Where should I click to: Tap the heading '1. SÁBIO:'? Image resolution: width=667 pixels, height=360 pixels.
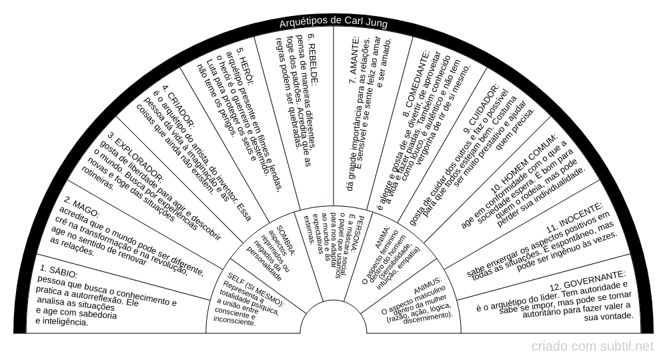pos(59,271)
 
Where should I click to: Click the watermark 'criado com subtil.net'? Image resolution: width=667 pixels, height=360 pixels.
pos(592,347)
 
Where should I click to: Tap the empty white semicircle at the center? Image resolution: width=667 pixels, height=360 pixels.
pos(333,320)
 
